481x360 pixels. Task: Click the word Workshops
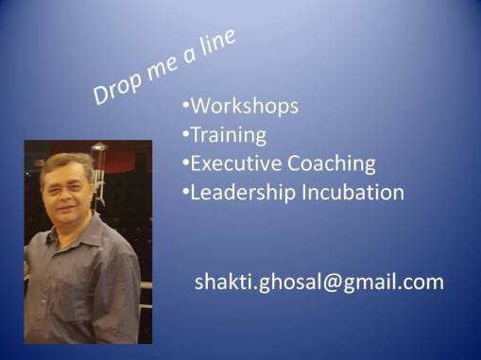click(x=245, y=106)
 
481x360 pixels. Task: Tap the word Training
click(x=229, y=135)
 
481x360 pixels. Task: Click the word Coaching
click(x=332, y=164)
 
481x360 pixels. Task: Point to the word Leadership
click(x=243, y=193)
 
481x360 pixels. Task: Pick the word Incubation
click(x=353, y=192)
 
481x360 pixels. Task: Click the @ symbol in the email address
click(x=331, y=283)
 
